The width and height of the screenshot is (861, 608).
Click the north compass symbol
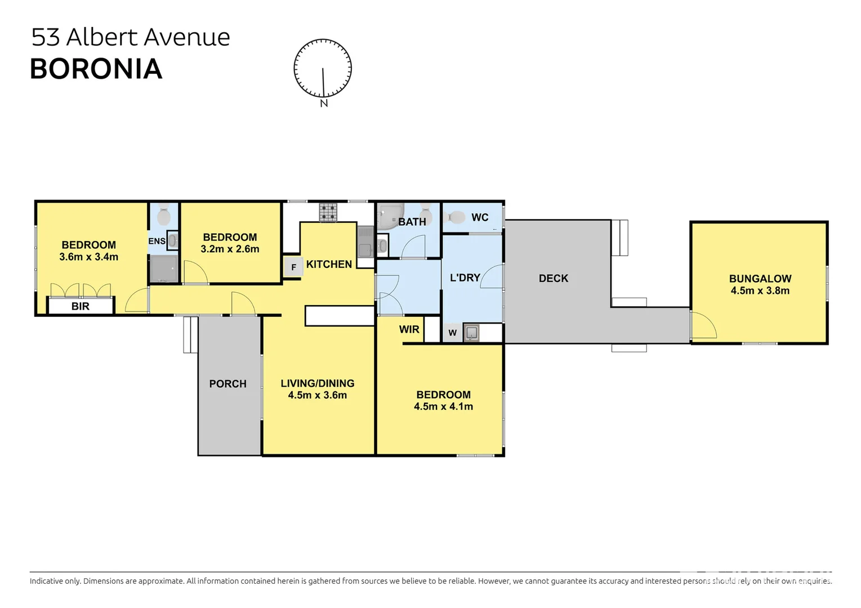(x=323, y=69)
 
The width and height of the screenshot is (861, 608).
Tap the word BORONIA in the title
(x=96, y=69)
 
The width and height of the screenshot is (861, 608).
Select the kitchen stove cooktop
(x=328, y=212)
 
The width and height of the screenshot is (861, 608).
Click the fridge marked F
(x=293, y=267)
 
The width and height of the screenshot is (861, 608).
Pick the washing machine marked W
(x=452, y=333)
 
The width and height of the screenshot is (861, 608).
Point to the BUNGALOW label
(x=760, y=279)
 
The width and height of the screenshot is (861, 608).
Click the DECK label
(x=554, y=278)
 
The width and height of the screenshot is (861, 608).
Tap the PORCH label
(x=227, y=384)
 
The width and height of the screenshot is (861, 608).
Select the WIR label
(x=409, y=329)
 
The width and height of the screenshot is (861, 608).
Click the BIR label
(x=81, y=306)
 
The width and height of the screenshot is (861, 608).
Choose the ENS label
(x=157, y=242)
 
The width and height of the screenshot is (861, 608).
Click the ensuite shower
(x=164, y=269)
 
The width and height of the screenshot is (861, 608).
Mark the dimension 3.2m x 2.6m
(x=230, y=249)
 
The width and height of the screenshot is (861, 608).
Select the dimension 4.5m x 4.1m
(x=443, y=406)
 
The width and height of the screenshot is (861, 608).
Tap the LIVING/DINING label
(x=318, y=383)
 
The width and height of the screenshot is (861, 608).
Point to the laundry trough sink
(x=471, y=333)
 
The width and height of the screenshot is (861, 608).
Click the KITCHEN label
(x=329, y=264)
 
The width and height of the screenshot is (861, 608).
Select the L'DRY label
(x=465, y=278)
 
